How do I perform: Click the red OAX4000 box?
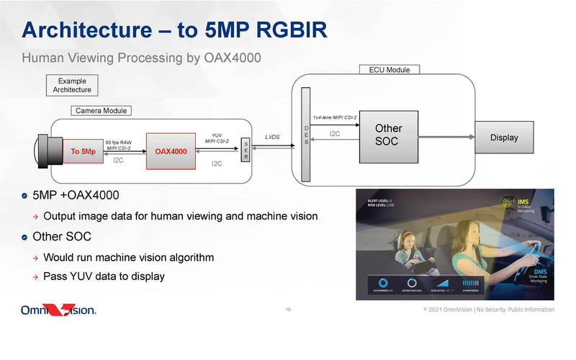[171, 151]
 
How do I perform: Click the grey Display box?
[503, 137]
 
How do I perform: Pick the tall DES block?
[306, 135]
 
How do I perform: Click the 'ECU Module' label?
[389, 70]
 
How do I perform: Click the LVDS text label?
[273, 136]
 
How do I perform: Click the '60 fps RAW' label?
[118, 143]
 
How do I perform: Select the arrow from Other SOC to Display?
[446, 137]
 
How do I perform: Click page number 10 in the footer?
[288, 310]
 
